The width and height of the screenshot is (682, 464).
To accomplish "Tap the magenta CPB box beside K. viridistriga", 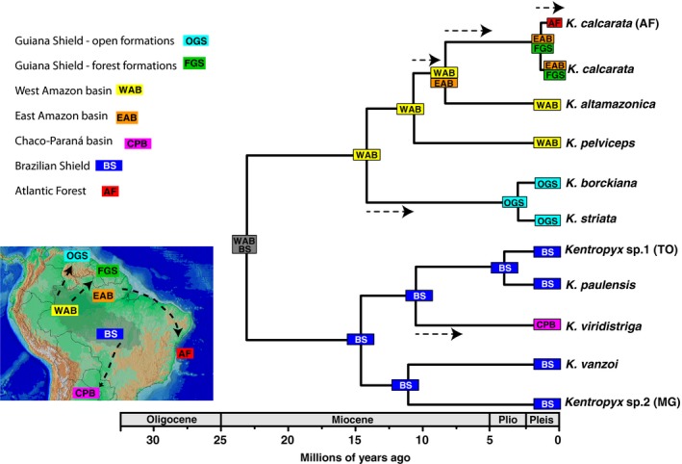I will coord(546,326).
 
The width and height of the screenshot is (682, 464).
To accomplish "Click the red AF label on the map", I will coord(184,355).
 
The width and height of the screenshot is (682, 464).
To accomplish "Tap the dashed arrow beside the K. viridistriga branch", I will coord(438,333).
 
